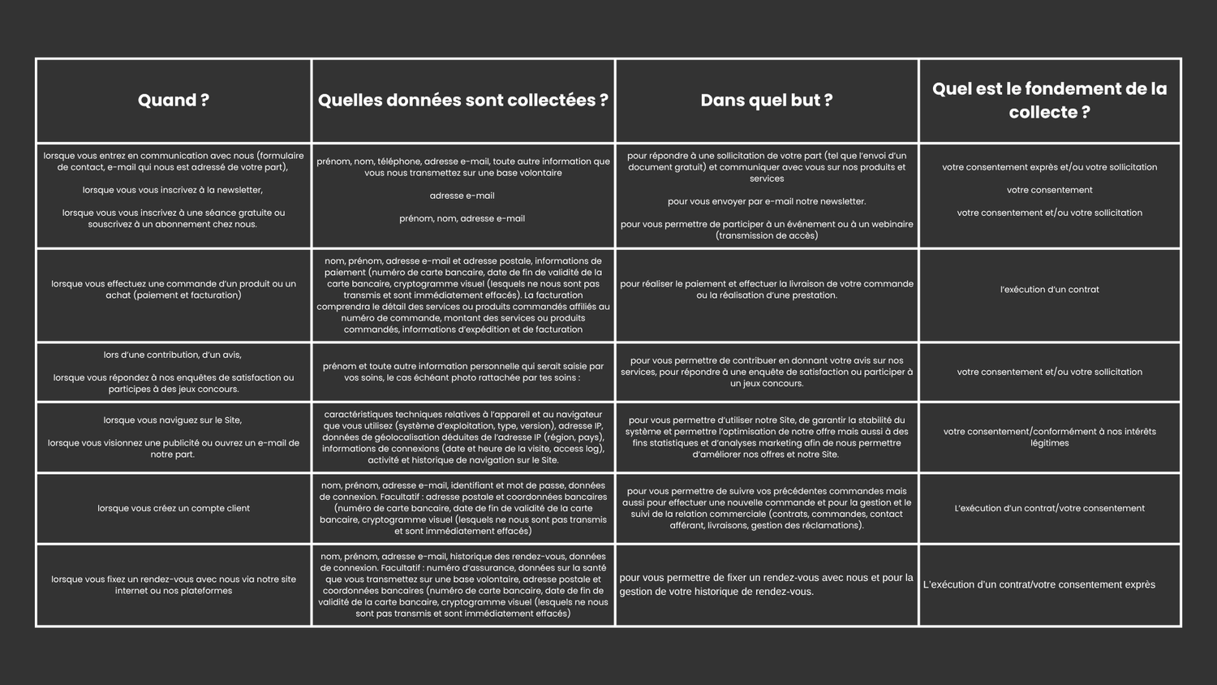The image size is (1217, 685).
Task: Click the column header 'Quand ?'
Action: click(174, 101)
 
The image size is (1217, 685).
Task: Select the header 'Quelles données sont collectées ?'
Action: click(462, 101)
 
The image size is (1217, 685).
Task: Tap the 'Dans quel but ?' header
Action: click(767, 101)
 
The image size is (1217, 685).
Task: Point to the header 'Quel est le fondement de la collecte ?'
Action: click(1049, 101)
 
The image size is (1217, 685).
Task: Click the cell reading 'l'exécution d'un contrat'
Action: click(1049, 290)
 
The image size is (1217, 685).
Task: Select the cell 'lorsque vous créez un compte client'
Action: click(174, 509)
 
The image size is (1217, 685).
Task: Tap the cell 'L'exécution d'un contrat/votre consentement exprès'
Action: click(1039, 585)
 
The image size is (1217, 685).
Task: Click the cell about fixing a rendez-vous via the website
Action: click(174, 585)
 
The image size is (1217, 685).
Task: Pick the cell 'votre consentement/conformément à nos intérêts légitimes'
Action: click(1049, 437)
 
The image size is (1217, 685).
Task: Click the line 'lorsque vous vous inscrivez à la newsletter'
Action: click(173, 190)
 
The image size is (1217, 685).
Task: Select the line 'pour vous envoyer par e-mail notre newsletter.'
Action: click(767, 201)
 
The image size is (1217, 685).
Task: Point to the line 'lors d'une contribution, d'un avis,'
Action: click(173, 355)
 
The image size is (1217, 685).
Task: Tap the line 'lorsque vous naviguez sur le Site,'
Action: click(173, 420)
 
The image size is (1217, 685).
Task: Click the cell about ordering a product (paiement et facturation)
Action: click(174, 290)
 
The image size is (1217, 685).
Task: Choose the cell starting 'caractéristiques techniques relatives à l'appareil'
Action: click(462, 437)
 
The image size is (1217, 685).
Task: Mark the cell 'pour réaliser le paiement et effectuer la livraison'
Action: click(767, 290)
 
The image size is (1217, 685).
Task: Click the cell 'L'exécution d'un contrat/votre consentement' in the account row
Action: click(1049, 509)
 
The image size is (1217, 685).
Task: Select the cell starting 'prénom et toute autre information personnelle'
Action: click(462, 372)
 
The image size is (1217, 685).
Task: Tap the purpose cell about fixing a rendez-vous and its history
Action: click(767, 585)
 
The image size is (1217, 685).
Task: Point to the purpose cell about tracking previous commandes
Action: click(767, 509)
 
